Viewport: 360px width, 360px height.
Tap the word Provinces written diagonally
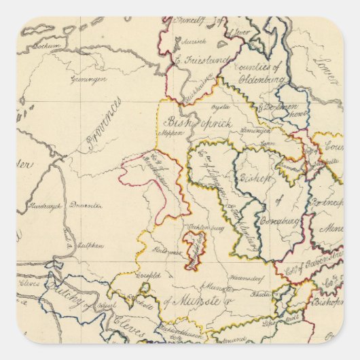pos(104,126)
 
